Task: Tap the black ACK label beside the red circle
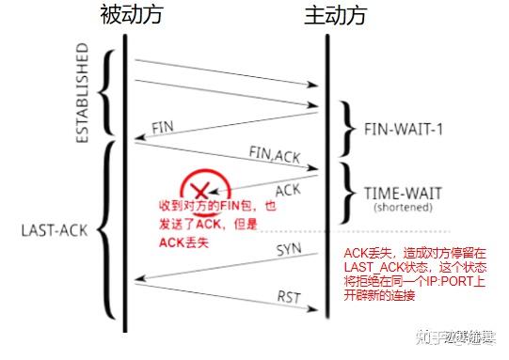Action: tap(288, 189)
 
